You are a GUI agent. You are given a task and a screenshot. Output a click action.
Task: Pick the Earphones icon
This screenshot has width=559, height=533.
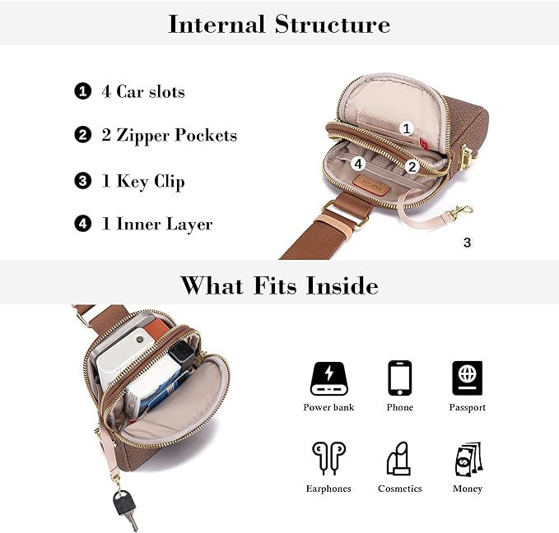pos(328,459)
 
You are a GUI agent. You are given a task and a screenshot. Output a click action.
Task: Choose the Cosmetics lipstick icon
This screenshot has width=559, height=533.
pos(399,459)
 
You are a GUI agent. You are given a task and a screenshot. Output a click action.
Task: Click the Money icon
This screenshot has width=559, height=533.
pos(467,459)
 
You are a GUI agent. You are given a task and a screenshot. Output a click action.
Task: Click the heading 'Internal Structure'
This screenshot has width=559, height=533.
pos(279,24)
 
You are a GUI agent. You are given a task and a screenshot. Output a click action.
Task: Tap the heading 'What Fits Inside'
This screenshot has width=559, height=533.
pos(279,285)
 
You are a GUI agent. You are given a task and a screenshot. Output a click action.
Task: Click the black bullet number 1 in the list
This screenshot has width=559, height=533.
pos(82,91)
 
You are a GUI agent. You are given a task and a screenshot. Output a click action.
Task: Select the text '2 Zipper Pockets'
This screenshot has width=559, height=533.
pos(169,136)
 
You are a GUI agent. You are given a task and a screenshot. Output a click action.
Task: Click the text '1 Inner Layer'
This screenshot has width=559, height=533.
pos(156,224)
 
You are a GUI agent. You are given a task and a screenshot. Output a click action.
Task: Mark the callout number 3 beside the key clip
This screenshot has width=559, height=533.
pos(468,243)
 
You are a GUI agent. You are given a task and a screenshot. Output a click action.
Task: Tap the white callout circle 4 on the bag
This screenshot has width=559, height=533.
pos(357,163)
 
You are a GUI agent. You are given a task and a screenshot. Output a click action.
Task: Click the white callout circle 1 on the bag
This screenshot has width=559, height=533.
pos(405,128)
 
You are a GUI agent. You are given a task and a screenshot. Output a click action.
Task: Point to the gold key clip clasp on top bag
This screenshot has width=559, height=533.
pos(460,211)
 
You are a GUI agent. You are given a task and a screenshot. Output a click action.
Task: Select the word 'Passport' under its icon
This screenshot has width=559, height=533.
pos(467,407)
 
